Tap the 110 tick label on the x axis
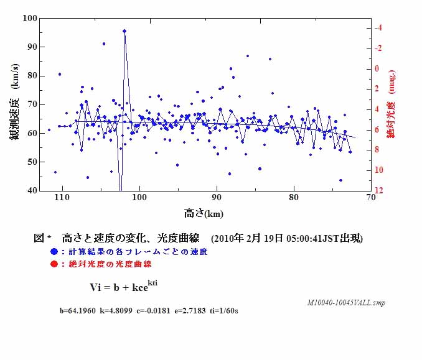click(x=61, y=198)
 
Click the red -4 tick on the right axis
click(x=378, y=28)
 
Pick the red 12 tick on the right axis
click(x=379, y=190)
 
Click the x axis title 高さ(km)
click(x=204, y=213)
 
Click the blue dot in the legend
click(x=55, y=252)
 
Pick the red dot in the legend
click(x=55, y=264)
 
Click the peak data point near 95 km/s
click(x=124, y=30)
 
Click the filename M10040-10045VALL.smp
click(x=345, y=302)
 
